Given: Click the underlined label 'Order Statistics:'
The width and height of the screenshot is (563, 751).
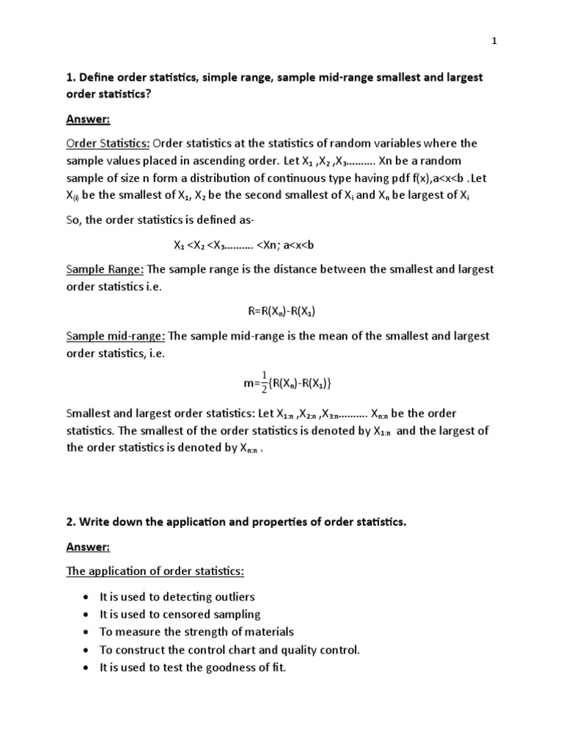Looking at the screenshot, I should [x=108, y=143].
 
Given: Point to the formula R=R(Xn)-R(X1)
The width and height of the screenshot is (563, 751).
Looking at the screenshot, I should [x=281, y=312].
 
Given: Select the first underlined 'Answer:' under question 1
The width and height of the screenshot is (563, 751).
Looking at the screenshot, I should [x=88, y=119].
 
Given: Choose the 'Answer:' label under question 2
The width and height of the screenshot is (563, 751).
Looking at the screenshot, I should [x=88, y=547].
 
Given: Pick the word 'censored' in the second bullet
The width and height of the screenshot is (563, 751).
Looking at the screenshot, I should [x=191, y=615].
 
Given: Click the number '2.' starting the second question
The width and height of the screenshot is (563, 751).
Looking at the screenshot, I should [x=71, y=522].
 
